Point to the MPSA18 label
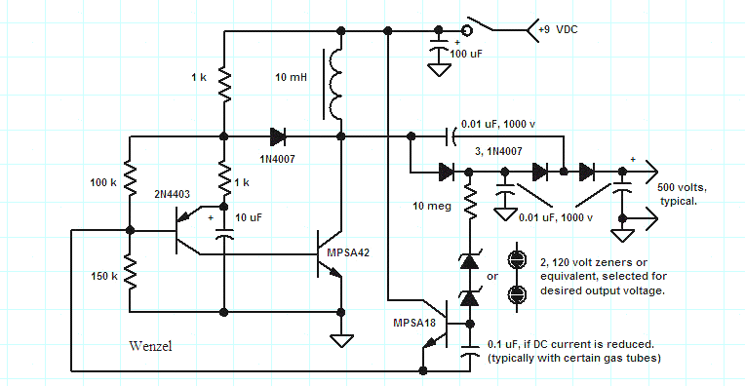coord(412,321)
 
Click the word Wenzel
coord(152,347)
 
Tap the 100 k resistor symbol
coord(129,183)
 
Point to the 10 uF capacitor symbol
coord(224,233)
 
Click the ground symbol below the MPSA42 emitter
coord(340,341)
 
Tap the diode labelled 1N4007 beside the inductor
coord(277,136)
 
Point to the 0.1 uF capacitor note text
coord(570,351)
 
